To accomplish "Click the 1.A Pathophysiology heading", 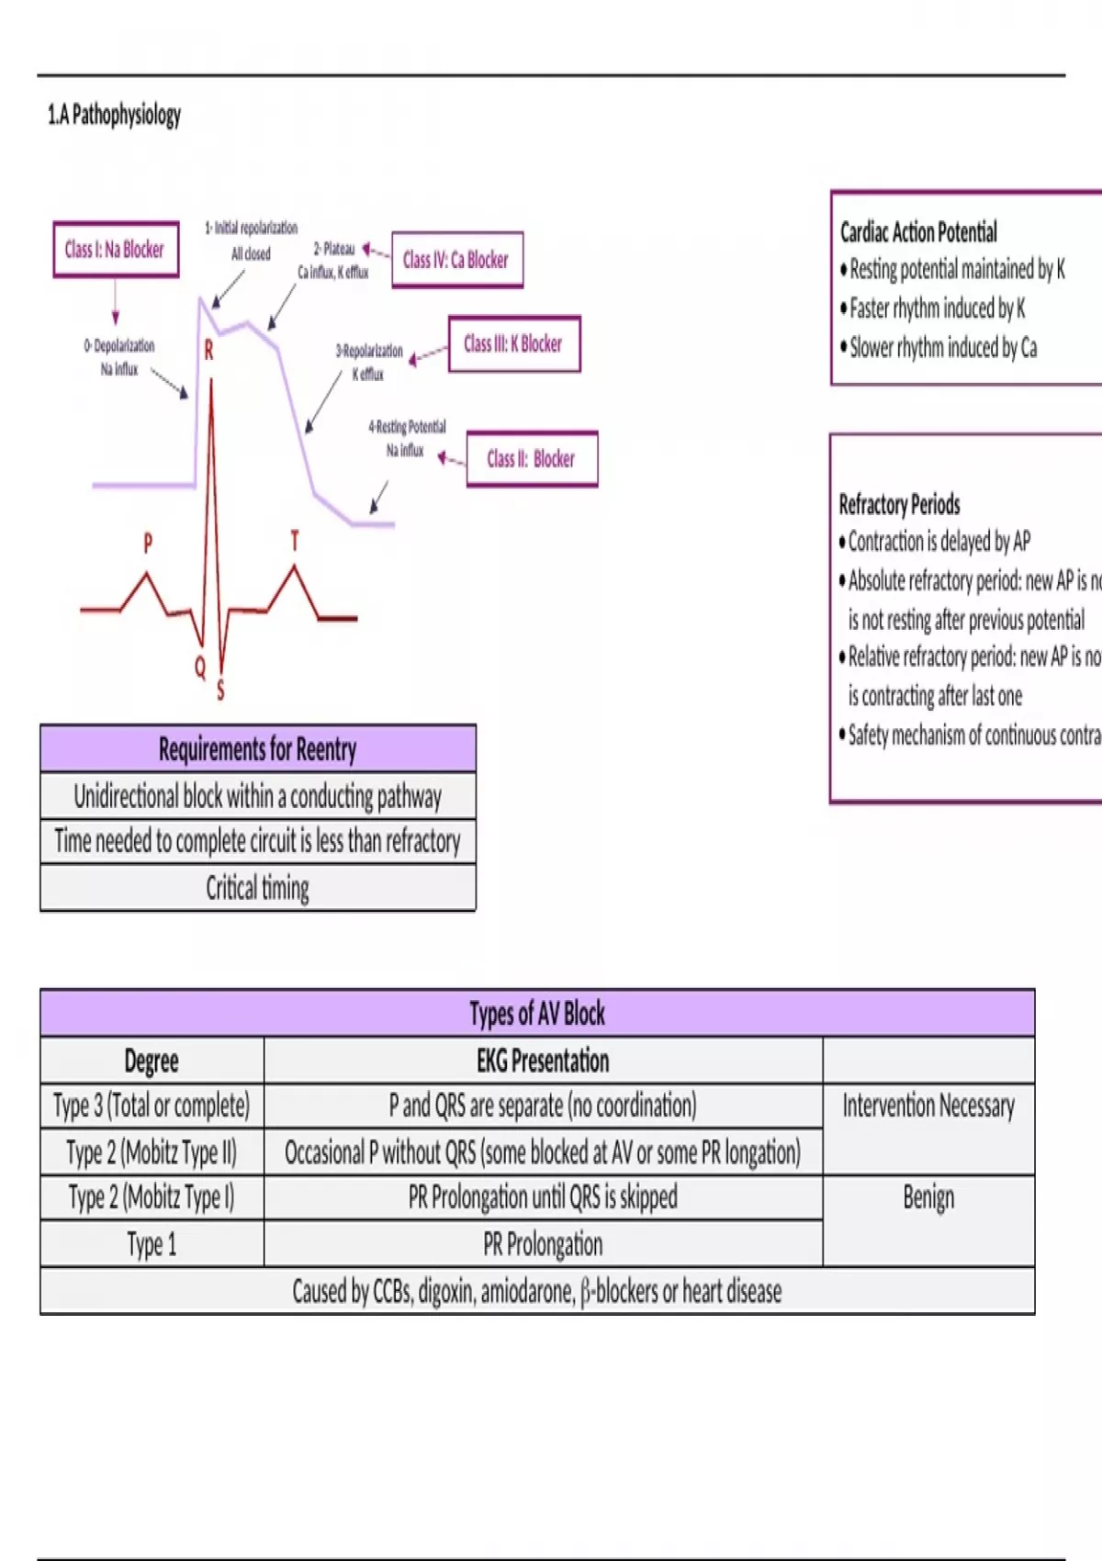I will [x=114, y=115].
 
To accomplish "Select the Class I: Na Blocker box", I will [x=115, y=249].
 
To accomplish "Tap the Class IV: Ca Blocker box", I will [x=456, y=260].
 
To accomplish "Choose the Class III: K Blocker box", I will [x=513, y=343].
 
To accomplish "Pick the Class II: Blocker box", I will [x=531, y=458].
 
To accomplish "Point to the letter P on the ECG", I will [x=148, y=543].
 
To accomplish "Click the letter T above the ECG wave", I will [x=295, y=541].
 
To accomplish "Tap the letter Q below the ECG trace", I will [x=200, y=668].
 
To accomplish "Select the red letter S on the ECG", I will [x=220, y=690].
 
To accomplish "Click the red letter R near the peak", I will [x=208, y=350].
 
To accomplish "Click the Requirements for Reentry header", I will [x=257, y=749].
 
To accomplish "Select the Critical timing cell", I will [x=257, y=888].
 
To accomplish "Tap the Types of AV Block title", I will [x=537, y=1014].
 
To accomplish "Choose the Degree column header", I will [x=152, y=1061].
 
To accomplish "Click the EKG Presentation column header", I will [x=543, y=1061].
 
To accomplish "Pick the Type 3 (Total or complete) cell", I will [x=152, y=1106].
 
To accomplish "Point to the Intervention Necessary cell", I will [x=928, y=1106].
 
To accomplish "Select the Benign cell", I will [x=928, y=1197].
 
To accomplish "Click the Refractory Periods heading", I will [x=899, y=504].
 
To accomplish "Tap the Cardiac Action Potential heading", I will [x=918, y=231].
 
